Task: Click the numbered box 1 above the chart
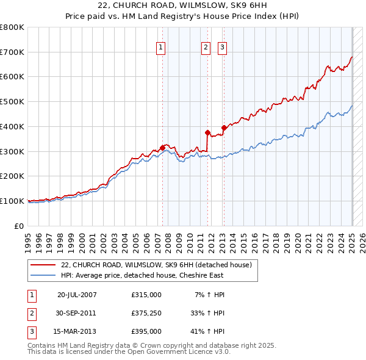(x=160, y=48)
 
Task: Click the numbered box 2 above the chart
(x=206, y=48)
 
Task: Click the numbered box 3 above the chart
(x=221, y=48)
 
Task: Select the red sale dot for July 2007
(x=163, y=147)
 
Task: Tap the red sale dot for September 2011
(x=207, y=132)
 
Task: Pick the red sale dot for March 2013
(x=223, y=128)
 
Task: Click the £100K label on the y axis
(x=12, y=201)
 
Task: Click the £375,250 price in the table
(x=146, y=313)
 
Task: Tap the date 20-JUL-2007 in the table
(x=77, y=295)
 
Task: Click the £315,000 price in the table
(x=146, y=295)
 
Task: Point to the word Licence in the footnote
(x=187, y=352)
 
